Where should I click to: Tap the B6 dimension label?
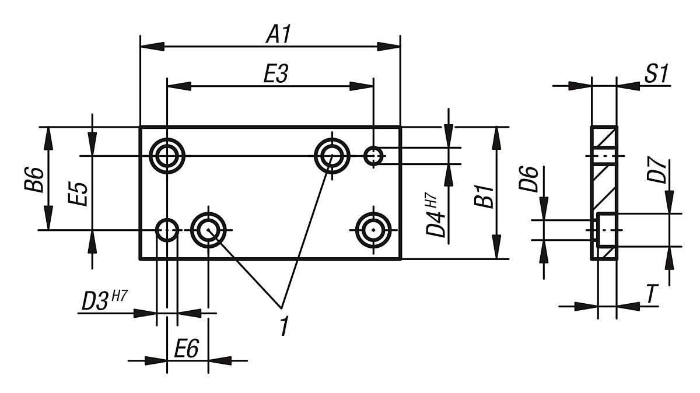(x=37, y=178)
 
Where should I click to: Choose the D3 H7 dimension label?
(x=103, y=301)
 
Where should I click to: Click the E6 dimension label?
(x=186, y=348)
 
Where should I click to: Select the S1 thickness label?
(x=655, y=75)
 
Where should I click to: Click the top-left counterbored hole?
(x=167, y=156)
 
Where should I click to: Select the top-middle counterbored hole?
(x=332, y=156)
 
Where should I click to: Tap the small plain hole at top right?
(x=373, y=156)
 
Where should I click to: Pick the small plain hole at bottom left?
(x=167, y=230)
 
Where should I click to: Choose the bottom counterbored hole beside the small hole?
(x=208, y=230)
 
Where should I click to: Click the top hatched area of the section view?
(x=604, y=139)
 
